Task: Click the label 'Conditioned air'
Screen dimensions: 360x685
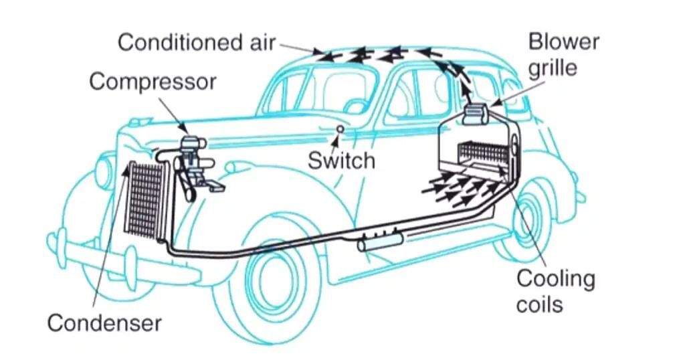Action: tap(196, 43)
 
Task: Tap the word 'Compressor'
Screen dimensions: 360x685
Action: tap(153, 82)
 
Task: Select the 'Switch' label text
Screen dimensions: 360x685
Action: tap(341, 161)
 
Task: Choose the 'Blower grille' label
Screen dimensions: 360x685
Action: tap(563, 55)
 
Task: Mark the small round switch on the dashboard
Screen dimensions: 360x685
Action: tap(340, 128)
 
